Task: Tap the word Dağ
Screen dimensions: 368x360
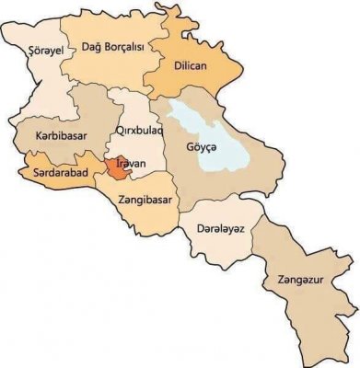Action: [94, 49]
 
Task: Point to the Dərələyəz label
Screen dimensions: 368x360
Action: [219, 229]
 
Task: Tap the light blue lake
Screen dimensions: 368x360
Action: [208, 129]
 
